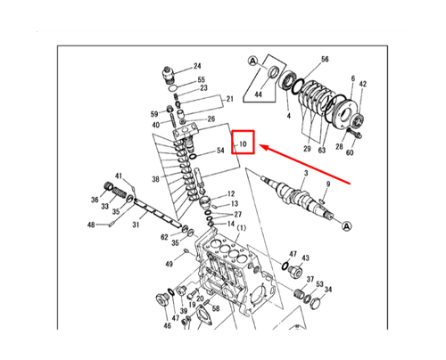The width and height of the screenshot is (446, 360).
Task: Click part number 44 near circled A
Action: (x=259, y=94)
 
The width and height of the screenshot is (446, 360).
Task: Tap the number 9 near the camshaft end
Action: (x=327, y=184)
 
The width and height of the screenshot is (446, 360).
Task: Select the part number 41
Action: (x=118, y=176)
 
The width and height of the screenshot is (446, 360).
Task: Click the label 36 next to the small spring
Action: (x=95, y=200)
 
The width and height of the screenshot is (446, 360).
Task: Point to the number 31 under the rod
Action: (x=136, y=225)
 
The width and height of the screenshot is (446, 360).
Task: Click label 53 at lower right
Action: (x=318, y=284)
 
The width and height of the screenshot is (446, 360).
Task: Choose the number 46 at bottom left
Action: (x=166, y=327)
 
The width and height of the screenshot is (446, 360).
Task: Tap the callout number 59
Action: (x=154, y=114)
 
